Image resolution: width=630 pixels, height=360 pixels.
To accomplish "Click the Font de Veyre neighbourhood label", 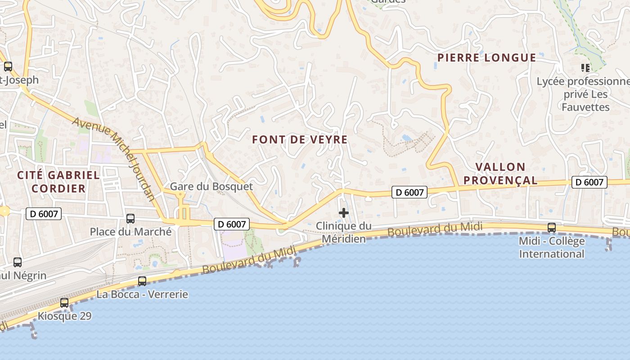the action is coord(300,140).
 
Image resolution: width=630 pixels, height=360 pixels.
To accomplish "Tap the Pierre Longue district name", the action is coord(486,58).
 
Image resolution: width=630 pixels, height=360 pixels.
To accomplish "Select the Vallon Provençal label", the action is coord(500,174).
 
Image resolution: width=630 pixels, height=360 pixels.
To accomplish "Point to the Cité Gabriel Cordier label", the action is coord(58,182).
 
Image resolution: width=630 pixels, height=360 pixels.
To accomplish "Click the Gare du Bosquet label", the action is coord(211,186).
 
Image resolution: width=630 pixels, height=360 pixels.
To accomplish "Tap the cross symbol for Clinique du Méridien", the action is coord(344,213).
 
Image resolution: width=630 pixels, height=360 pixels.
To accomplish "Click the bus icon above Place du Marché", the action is coord(130,219).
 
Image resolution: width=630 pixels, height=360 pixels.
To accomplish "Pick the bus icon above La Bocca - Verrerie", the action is coord(142,281).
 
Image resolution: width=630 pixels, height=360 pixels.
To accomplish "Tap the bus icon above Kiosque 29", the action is coord(64,303).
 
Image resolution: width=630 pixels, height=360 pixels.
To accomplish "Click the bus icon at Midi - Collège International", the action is coord(552,228).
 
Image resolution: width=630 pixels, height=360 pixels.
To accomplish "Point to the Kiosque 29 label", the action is coord(64,316).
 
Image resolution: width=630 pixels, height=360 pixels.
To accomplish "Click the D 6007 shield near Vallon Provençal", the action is coord(589,182).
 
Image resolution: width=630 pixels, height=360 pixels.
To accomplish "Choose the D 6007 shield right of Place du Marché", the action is coord(231,224).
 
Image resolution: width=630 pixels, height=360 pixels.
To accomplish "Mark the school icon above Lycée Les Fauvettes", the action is coord(585,68).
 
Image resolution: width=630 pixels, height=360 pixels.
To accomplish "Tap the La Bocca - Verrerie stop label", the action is coord(142,295).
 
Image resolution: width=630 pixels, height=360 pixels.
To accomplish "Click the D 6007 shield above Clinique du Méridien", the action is coord(409,192).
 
